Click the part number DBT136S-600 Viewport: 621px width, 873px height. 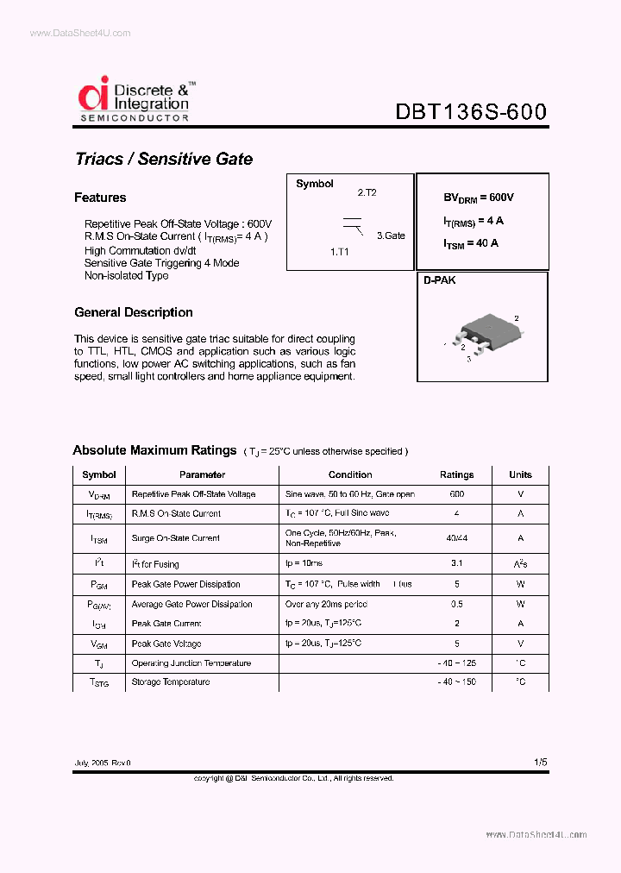pyautogui.click(x=470, y=113)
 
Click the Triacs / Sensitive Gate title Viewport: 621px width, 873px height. pyautogui.click(x=163, y=159)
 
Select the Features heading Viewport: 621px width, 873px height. pyautogui.click(x=100, y=198)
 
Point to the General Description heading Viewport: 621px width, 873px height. pyautogui.click(x=133, y=312)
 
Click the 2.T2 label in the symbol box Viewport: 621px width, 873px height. pyautogui.click(x=367, y=193)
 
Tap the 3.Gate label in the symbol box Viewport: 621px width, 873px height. pyautogui.click(x=390, y=236)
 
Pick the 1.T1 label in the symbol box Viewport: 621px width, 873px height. pyautogui.click(x=340, y=252)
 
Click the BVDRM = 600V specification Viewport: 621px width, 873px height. pyautogui.click(x=478, y=198)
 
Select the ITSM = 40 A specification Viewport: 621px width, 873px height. pyautogui.click(x=471, y=244)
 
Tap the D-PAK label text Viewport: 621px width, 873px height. pyautogui.click(x=439, y=280)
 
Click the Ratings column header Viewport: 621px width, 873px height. pyautogui.click(x=456, y=474)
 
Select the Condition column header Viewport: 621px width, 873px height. pyautogui.click(x=350, y=474)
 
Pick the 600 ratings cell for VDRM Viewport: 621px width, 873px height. pyautogui.click(x=456, y=494)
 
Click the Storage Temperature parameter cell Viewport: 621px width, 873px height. pyautogui.click(x=170, y=682)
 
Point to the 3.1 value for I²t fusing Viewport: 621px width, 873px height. pyautogui.click(x=456, y=563)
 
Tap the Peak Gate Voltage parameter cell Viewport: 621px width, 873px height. pyautogui.click(x=166, y=644)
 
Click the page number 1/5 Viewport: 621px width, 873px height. pyautogui.click(x=540, y=763)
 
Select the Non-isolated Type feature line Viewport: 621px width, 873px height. pyautogui.click(x=126, y=276)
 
